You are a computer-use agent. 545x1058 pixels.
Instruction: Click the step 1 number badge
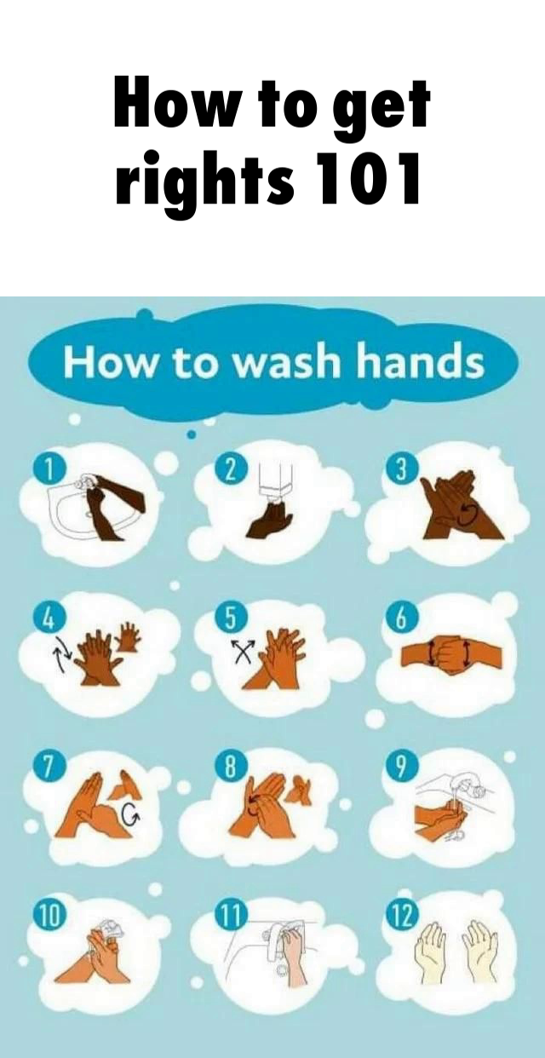pyautogui.click(x=47, y=469)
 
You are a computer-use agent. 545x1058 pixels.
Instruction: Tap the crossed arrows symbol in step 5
pyautogui.click(x=243, y=653)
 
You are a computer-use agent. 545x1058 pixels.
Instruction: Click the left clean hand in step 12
pyautogui.click(x=431, y=953)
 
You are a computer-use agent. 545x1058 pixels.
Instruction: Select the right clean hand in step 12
pyautogui.click(x=480, y=953)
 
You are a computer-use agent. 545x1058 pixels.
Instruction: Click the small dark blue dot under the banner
pyautogui.click(x=191, y=434)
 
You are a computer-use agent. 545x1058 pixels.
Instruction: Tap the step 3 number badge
pyautogui.click(x=399, y=470)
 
